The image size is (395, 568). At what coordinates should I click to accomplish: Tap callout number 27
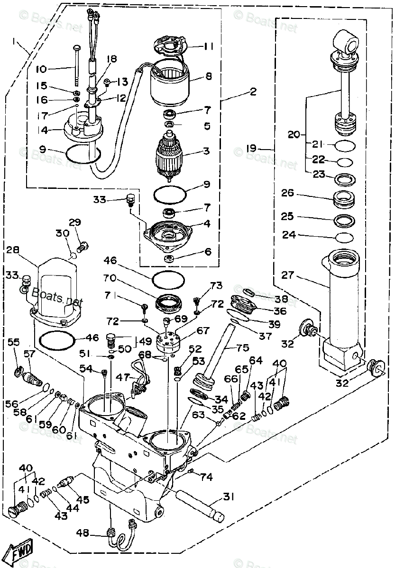[x=301, y=275]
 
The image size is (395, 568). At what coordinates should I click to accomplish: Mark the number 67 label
[x=203, y=330]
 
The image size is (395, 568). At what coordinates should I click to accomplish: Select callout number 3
[x=206, y=151]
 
